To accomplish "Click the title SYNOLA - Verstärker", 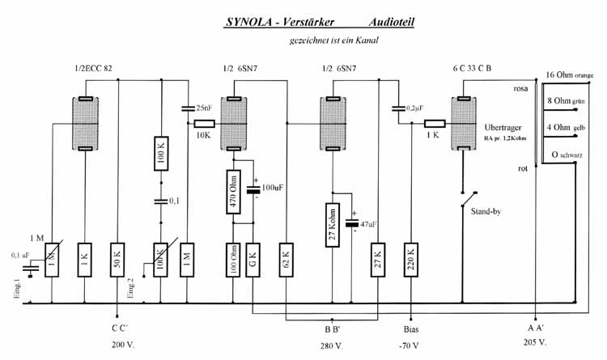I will click(x=273, y=23).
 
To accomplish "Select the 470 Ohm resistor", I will click(x=232, y=191).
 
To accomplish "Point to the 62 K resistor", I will click(x=286, y=260).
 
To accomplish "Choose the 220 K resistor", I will click(x=411, y=260).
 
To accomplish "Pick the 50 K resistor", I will click(x=118, y=260).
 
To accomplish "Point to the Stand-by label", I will click(x=487, y=210).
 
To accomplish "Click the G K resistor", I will click(x=253, y=260).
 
